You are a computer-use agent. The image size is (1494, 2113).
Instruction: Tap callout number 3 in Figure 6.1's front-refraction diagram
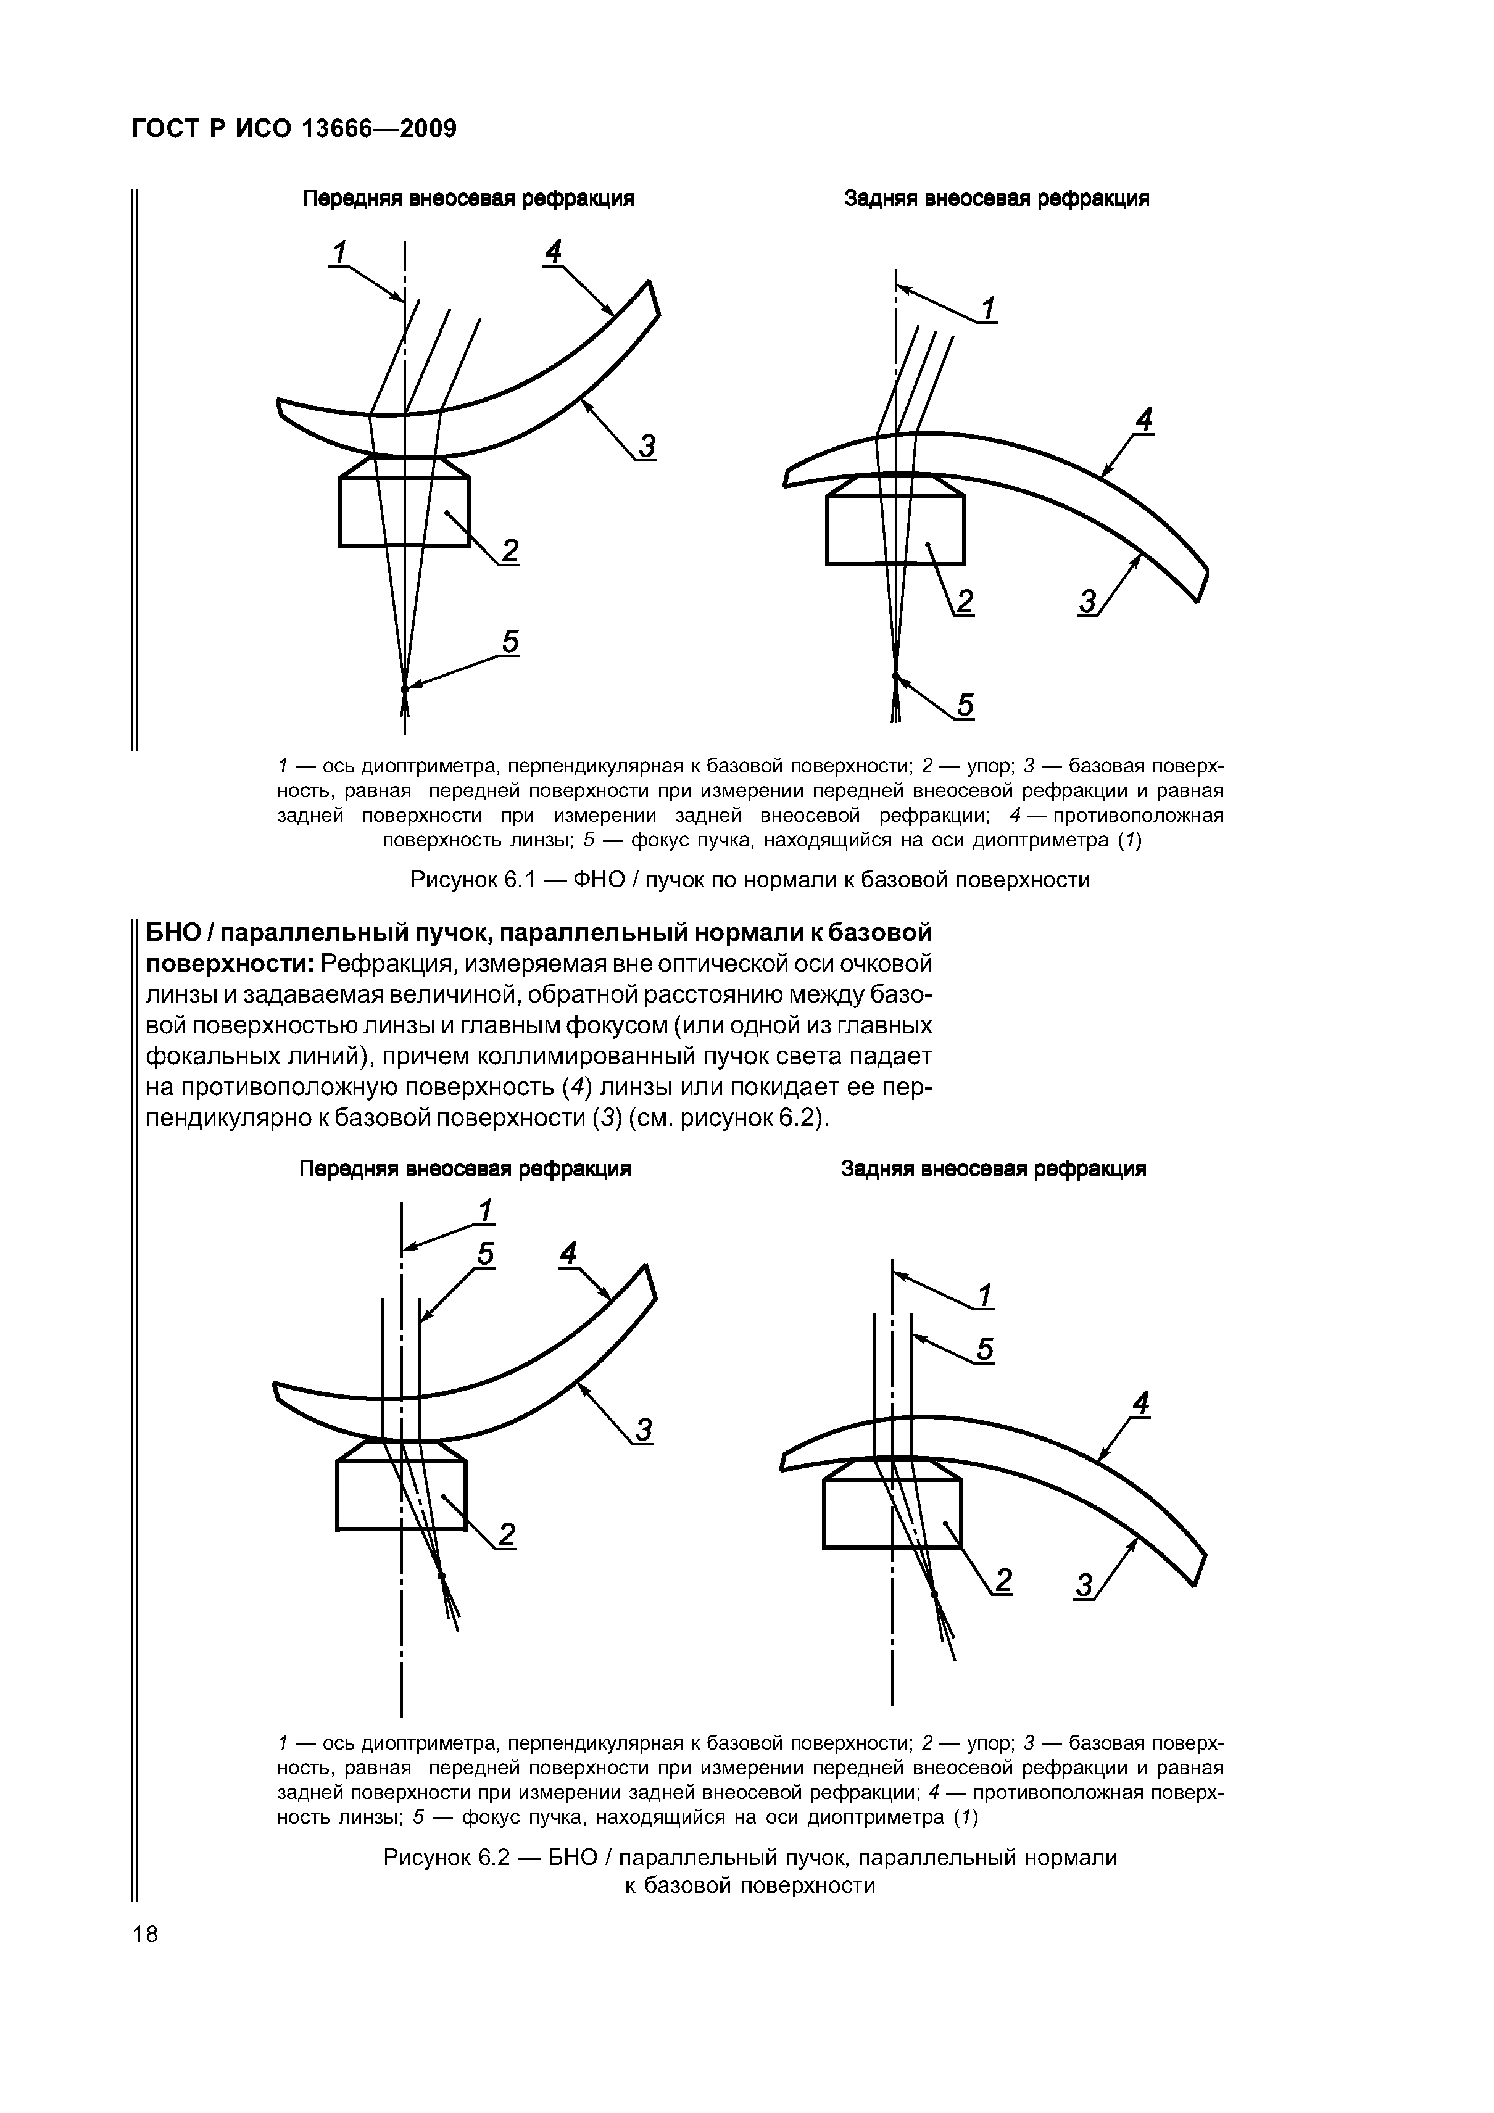pos(647,446)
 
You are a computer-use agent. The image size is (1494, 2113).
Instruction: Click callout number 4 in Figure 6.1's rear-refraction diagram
pos(1143,421)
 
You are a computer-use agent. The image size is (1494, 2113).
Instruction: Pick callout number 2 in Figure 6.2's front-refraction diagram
pos(506,1534)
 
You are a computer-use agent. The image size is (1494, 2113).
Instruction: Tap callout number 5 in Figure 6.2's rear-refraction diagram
pos(985,1349)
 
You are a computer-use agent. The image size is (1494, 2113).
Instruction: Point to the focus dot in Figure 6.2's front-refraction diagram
pos(442,1576)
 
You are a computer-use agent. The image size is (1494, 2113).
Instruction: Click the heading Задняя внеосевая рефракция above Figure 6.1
pos(996,199)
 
